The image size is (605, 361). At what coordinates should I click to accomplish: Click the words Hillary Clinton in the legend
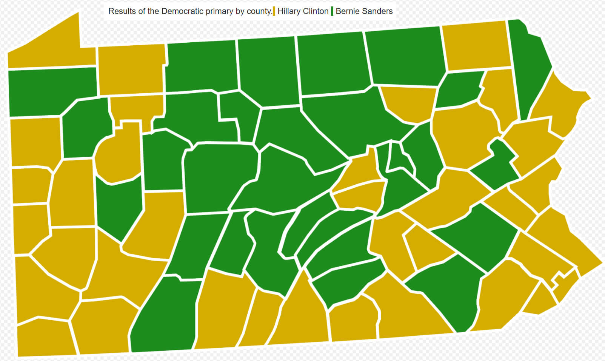click(303, 11)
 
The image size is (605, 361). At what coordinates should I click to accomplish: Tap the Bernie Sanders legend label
click(364, 11)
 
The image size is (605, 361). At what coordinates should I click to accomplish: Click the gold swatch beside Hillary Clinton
click(274, 11)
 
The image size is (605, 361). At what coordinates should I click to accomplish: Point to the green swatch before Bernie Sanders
click(332, 11)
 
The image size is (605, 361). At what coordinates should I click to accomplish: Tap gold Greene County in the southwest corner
click(45, 338)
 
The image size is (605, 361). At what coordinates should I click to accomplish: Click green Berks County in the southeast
click(479, 234)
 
